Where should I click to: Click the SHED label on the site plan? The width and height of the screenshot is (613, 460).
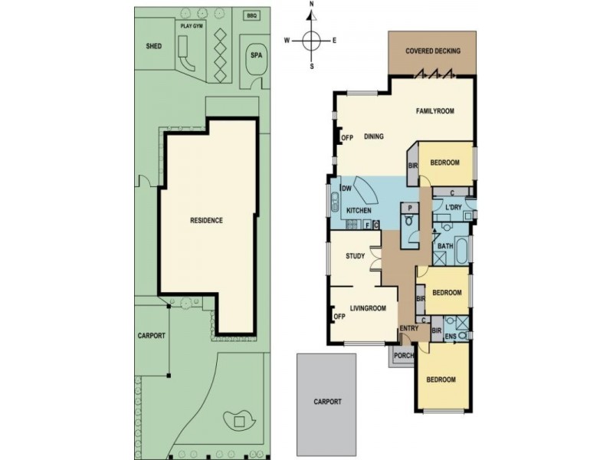tap(154, 46)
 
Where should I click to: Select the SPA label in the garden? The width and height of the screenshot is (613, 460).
tap(254, 56)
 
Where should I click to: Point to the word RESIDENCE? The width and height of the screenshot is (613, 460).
tap(206, 221)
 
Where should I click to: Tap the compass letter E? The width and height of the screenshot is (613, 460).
tap(335, 41)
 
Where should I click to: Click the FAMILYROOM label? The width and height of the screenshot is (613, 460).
tap(435, 111)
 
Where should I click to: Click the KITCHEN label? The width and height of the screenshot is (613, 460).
tap(359, 211)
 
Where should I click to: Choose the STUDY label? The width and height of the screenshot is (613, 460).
tap(355, 256)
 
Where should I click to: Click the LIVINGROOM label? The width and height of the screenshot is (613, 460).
tap(368, 308)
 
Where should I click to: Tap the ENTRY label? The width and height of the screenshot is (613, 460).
tap(408, 329)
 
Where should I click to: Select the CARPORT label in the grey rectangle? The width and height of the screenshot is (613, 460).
tap(327, 401)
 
